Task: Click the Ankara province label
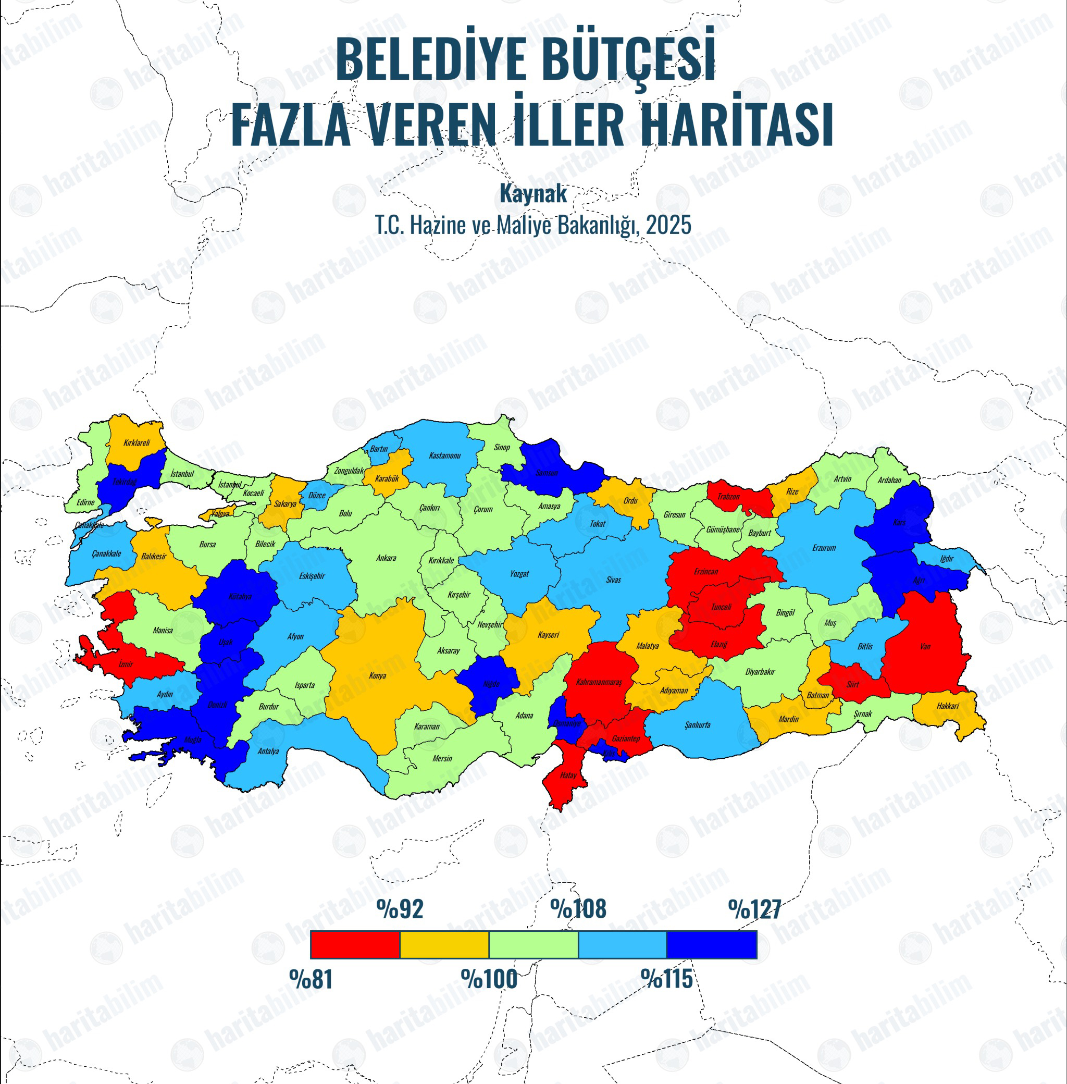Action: click(x=386, y=558)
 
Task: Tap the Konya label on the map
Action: click(x=377, y=675)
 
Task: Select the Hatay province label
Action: click(x=568, y=775)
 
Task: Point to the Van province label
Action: click(x=925, y=646)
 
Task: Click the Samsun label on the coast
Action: click(x=547, y=473)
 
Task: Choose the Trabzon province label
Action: click(x=728, y=497)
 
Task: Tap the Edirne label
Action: click(x=86, y=502)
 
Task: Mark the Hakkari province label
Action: click(x=947, y=706)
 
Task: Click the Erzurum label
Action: click(x=824, y=548)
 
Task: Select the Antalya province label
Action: click(x=268, y=751)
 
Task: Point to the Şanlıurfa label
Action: click(x=697, y=725)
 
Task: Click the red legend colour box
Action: click(x=355, y=945)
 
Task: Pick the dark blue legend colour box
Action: click(x=712, y=945)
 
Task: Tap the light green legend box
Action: click(x=533, y=945)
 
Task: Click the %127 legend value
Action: click(x=754, y=909)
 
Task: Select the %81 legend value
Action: click(x=311, y=979)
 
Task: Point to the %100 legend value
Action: click(x=489, y=979)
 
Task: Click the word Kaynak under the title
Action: click(x=533, y=194)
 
